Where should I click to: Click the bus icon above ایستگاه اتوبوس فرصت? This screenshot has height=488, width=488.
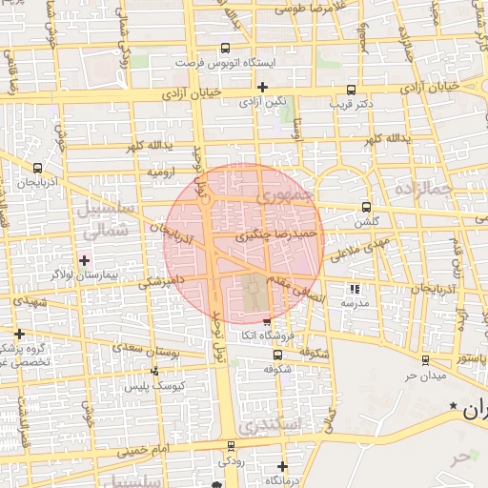click(225, 48)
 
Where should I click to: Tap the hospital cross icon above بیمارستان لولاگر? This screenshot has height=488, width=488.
click(85, 259)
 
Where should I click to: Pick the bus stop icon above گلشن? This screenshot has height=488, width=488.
click(367, 207)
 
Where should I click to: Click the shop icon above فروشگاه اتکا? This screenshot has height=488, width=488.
click(267, 322)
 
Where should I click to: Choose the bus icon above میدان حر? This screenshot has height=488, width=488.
click(425, 360)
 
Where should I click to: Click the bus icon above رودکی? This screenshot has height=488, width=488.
click(230, 446)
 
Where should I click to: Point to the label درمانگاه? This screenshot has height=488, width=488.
click(284, 481)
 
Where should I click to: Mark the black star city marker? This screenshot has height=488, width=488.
click(453, 407)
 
